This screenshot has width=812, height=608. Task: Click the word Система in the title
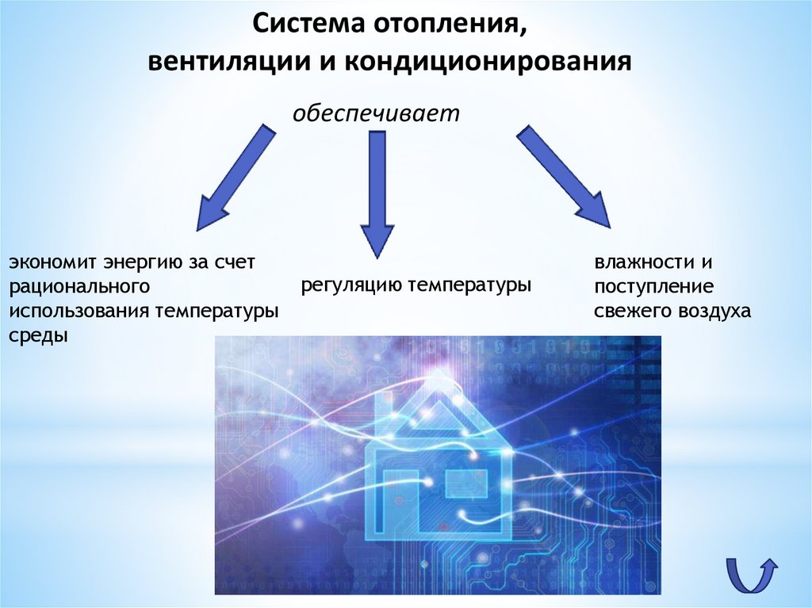pos(302,24)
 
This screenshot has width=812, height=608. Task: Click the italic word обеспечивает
pos(377,113)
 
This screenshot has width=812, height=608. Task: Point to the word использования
pos(79,310)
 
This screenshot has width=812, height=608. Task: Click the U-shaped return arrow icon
pos(750,572)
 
